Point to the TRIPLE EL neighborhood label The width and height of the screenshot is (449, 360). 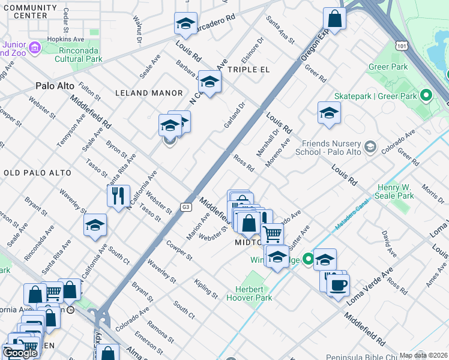[250, 70]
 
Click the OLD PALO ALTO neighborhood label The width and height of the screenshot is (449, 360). [37, 173]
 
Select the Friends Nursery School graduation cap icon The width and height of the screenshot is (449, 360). [370, 146]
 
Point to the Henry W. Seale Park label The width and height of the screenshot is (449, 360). [394, 191]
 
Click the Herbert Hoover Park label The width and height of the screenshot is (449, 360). [253, 293]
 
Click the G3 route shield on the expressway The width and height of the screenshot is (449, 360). [187, 207]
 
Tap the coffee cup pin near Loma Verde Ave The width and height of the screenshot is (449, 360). [337, 284]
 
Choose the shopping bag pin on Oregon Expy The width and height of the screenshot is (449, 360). [334, 19]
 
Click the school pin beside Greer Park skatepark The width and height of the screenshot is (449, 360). [329, 113]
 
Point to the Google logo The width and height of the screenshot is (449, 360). [21, 353]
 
